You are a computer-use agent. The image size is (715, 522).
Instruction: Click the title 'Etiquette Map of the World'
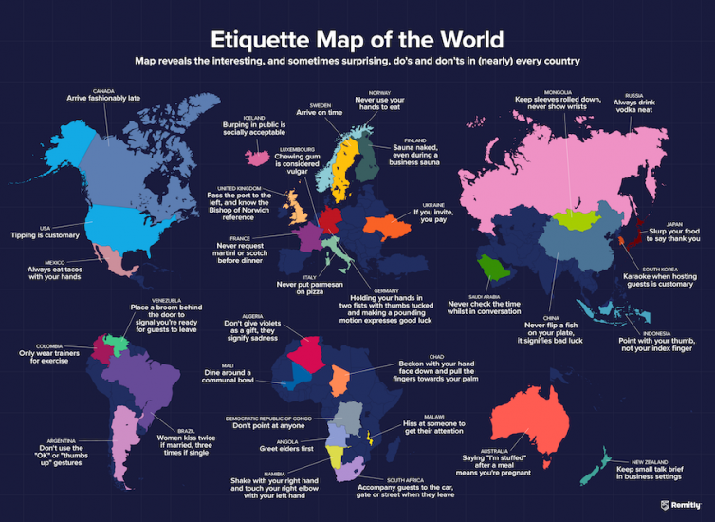coord(357,41)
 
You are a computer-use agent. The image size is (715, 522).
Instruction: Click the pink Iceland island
coord(256,155)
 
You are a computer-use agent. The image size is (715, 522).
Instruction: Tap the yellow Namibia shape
coord(336,455)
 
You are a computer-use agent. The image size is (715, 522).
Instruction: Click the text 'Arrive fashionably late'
coord(105,98)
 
